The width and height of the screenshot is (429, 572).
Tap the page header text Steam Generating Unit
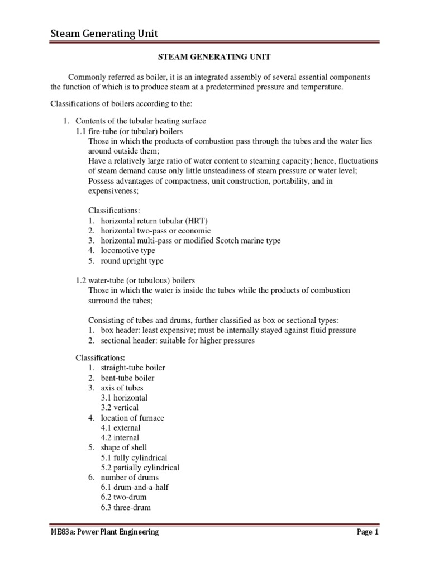[104, 34]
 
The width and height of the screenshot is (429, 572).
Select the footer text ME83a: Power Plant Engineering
[104, 532]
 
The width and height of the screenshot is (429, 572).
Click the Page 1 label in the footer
[368, 532]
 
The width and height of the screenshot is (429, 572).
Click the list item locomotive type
[127, 251]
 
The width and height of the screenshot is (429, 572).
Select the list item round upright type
[132, 261]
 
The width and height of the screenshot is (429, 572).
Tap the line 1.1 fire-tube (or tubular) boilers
[129, 131]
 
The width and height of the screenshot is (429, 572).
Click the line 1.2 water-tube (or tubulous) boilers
[135, 280]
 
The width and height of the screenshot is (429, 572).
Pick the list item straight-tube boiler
[133, 368]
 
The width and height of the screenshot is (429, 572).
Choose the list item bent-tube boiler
[128, 378]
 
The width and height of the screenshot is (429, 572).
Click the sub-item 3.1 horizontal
[124, 398]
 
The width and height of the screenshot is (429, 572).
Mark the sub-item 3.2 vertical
[120, 408]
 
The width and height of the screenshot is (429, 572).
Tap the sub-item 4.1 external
[121, 428]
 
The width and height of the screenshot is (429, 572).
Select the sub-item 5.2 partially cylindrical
[140, 468]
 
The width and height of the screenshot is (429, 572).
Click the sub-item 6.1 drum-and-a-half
[135, 488]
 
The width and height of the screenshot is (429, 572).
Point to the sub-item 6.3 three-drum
[126, 508]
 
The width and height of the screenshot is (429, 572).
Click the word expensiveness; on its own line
[113, 191]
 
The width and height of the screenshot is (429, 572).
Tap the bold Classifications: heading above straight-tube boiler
[100, 357]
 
